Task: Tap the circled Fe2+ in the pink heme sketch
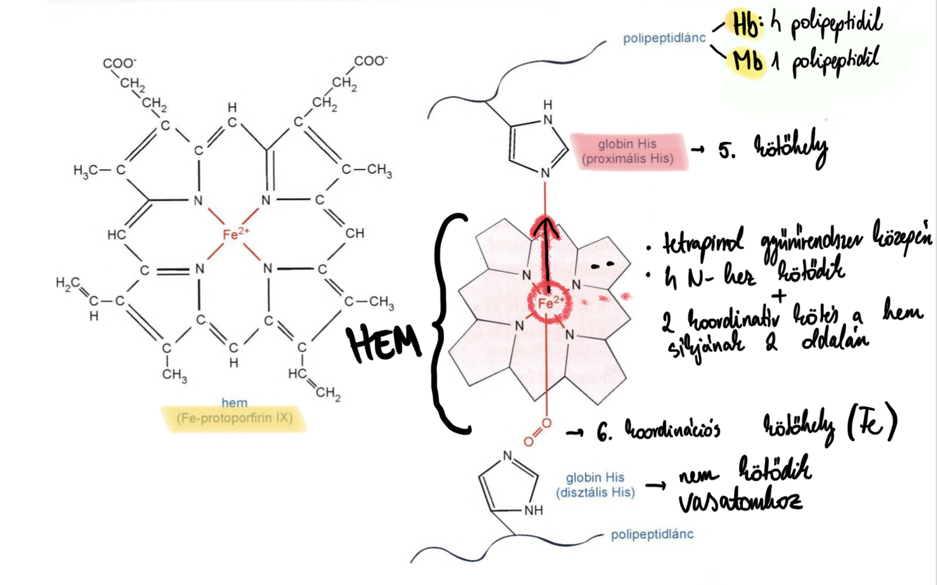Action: [551, 303]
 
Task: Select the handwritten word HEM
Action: [385, 343]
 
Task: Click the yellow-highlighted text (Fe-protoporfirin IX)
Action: [234, 419]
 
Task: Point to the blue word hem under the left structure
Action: [234, 403]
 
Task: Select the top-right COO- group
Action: [369, 61]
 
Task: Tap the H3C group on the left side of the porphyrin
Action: [89, 170]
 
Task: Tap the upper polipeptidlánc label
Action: [664, 38]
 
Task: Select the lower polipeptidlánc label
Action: [652, 534]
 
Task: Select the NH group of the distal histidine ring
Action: [533, 511]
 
